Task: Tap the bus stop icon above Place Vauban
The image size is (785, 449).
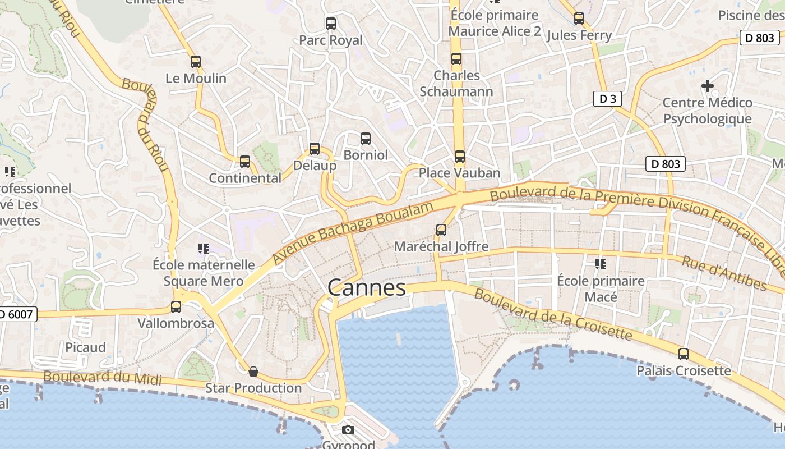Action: pyautogui.click(x=460, y=157)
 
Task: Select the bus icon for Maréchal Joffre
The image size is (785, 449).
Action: pyautogui.click(x=441, y=230)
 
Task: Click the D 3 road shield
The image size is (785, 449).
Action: pyautogui.click(x=607, y=99)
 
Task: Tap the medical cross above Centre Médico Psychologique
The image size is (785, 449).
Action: pyautogui.click(x=708, y=86)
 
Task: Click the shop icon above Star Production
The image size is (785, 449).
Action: pyautogui.click(x=253, y=371)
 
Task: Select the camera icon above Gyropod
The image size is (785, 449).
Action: pyautogui.click(x=348, y=430)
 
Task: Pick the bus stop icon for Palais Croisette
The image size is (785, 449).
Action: pyautogui.click(x=684, y=354)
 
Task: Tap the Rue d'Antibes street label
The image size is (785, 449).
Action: pyautogui.click(x=724, y=273)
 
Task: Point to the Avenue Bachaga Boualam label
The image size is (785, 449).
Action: pyautogui.click(x=353, y=233)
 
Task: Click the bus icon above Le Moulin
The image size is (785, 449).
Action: pyautogui.click(x=196, y=62)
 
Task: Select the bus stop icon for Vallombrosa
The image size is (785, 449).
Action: pyautogui.click(x=176, y=307)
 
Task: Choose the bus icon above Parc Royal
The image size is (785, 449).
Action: pyautogui.click(x=331, y=24)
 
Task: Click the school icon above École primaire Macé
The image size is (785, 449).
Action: pyautogui.click(x=601, y=264)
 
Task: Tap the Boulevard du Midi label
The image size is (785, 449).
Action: pyautogui.click(x=103, y=378)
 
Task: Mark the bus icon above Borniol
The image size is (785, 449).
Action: pyautogui.click(x=366, y=138)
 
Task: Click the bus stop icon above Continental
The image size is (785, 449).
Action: pyautogui.click(x=245, y=162)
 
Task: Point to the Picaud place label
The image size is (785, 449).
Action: pyautogui.click(x=85, y=347)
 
